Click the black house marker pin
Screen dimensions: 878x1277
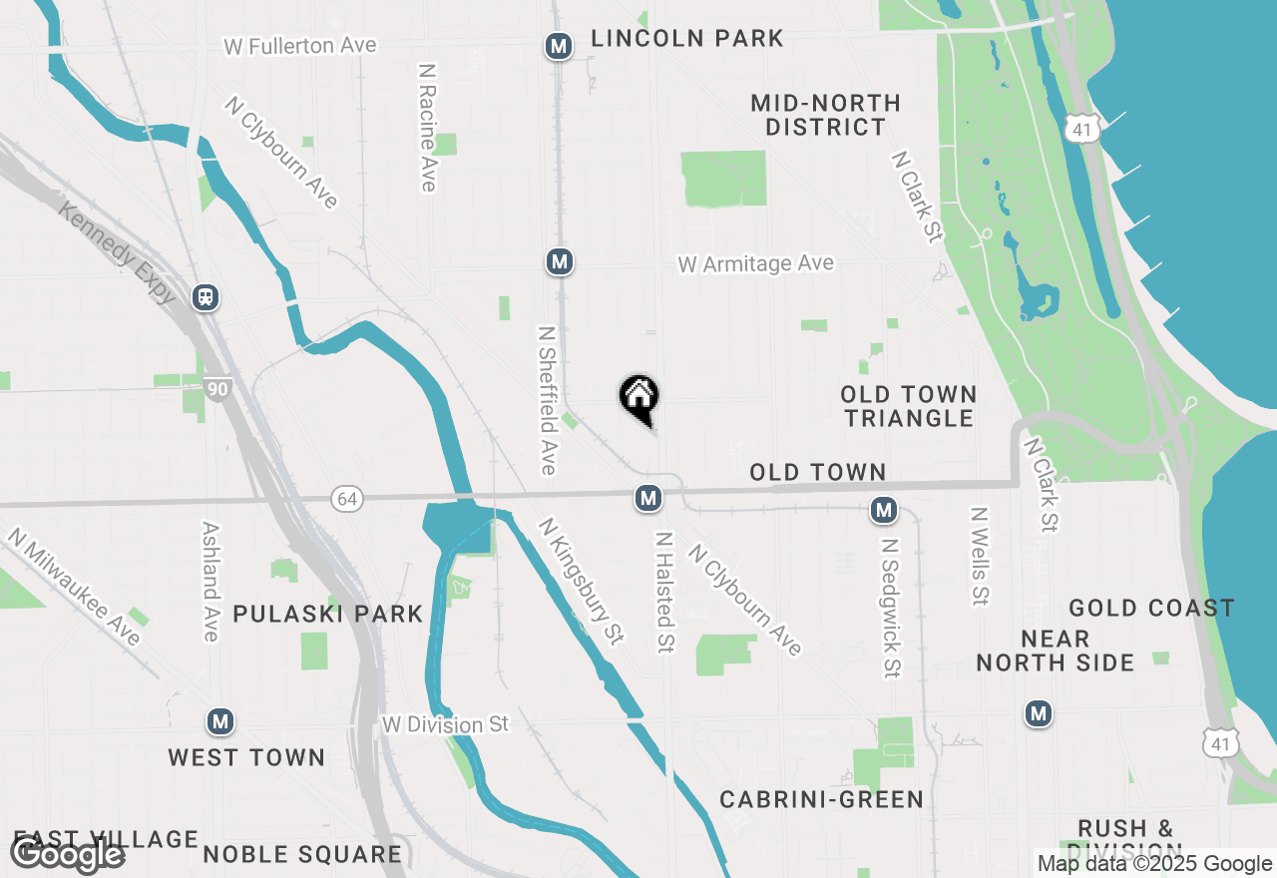(x=639, y=397)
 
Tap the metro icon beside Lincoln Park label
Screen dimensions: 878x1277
(x=559, y=45)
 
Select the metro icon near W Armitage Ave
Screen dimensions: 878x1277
(x=559, y=261)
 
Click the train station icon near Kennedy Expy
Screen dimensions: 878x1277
(x=207, y=296)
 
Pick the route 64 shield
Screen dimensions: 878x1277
(x=346, y=499)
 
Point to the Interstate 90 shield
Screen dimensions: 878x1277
(x=216, y=387)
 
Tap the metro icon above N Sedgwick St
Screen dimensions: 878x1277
(x=883, y=510)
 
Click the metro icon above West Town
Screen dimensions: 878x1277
(x=220, y=720)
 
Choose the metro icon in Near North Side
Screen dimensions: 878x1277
(x=1039, y=712)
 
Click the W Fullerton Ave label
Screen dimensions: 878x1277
(x=299, y=46)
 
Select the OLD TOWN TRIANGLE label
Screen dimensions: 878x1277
(x=908, y=406)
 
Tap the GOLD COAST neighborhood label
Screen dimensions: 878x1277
(x=1151, y=608)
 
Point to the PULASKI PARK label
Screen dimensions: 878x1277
(x=328, y=614)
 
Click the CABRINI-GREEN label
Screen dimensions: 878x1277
(x=822, y=800)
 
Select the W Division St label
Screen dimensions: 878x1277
(x=446, y=723)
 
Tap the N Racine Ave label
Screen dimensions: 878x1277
(x=428, y=128)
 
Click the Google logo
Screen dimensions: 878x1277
(x=67, y=855)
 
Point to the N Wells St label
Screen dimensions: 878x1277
(x=979, y=557)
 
